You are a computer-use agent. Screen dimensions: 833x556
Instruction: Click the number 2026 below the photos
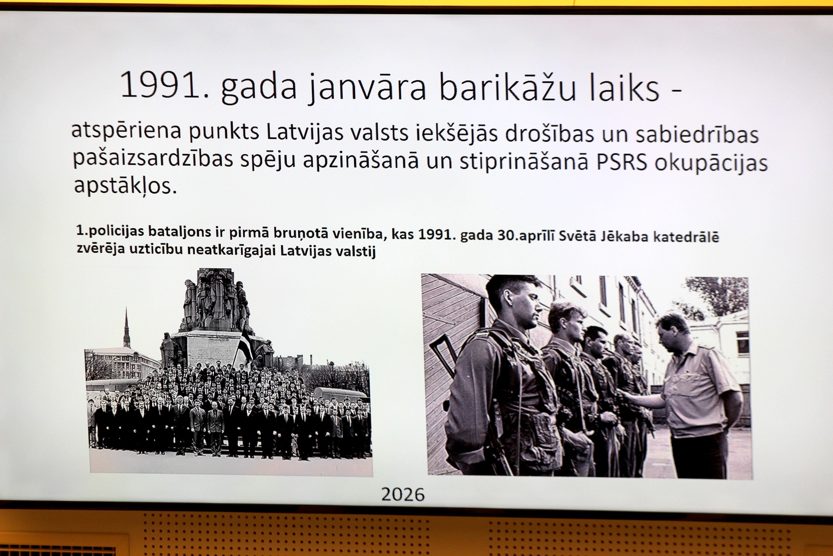click(403, 494)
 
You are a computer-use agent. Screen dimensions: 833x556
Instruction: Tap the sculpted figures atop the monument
click(216, 300)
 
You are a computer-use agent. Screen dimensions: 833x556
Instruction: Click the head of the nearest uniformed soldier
click(515, 303)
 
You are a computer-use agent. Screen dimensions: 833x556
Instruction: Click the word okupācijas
click(711, 164)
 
